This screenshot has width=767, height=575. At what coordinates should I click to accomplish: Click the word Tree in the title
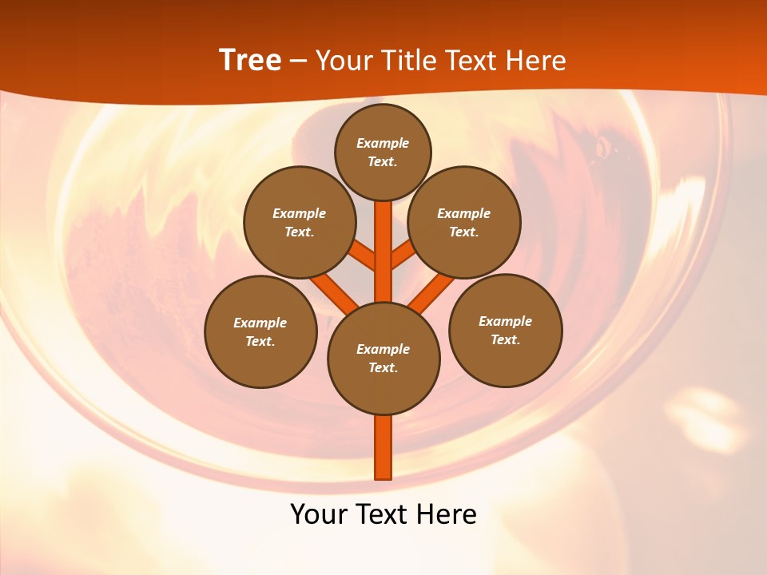[250, 61]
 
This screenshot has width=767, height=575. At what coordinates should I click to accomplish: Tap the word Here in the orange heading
[534, 61]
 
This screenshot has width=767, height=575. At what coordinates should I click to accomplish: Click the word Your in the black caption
[318, 514]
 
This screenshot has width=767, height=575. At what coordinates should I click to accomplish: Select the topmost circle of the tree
[383, 152]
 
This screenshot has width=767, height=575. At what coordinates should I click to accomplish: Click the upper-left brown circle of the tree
[299, 222]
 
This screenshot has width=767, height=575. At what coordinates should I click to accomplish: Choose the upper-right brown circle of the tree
[464, 222]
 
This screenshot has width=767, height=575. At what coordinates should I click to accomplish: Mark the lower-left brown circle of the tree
[260, 331]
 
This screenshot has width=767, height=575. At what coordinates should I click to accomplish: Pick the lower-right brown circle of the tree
[505, 330]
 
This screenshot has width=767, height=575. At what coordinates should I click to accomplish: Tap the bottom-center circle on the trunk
[383, 359]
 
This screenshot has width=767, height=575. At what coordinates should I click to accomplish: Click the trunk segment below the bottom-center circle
[383, 447]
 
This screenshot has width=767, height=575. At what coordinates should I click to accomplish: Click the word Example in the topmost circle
[383, 144]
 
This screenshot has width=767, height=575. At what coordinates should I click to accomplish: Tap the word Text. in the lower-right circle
[505, 339]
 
